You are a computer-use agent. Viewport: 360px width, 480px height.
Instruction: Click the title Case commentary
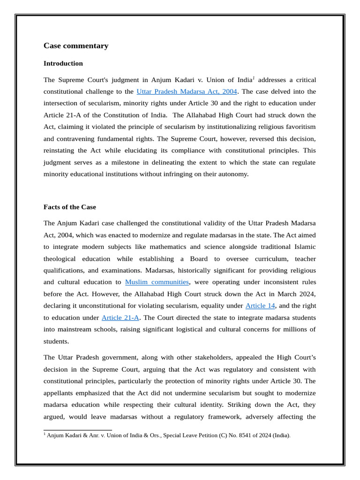76,45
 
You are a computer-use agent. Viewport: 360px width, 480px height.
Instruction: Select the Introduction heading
63,63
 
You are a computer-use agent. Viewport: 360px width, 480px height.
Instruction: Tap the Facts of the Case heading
70,207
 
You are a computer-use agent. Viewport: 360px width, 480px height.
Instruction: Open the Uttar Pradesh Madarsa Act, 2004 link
187,91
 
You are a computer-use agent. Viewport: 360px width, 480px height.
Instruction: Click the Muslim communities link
157,282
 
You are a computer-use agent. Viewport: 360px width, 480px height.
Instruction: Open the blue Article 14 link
260,306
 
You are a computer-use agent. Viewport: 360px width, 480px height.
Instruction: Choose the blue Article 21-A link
120,317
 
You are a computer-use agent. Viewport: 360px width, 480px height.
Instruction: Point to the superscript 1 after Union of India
254,78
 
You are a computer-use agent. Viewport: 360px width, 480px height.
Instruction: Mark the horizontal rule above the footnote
78,430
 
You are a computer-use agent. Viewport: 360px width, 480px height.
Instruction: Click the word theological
62,259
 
